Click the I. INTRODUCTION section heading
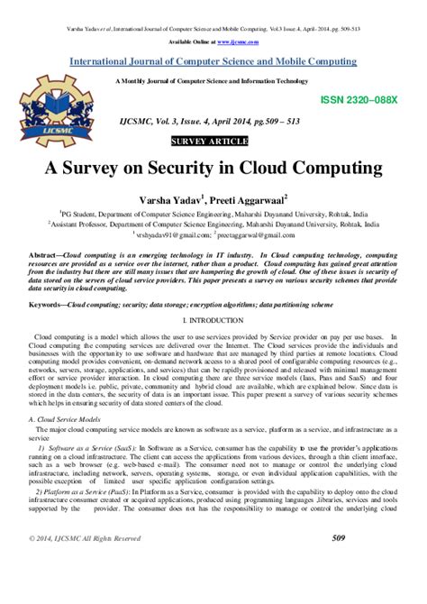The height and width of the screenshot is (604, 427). [213, 322]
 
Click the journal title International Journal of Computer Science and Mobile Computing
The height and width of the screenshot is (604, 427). [213, 62]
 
